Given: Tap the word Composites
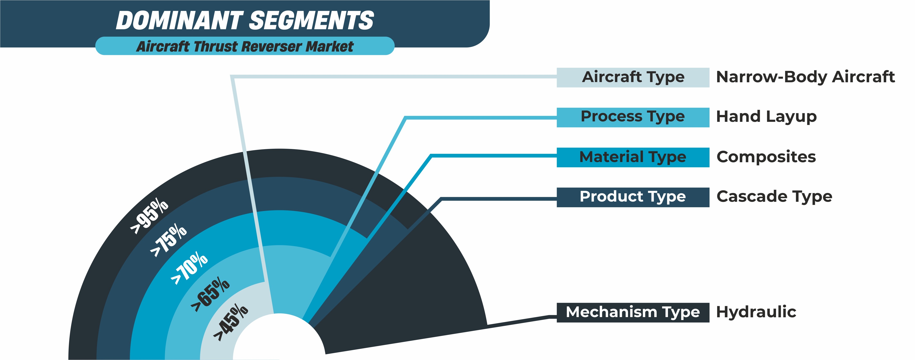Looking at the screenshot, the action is [766, 157].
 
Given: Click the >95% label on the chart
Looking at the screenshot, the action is [149, 217].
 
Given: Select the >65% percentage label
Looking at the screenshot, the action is [210, 294].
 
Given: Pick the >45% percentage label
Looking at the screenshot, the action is [230, 322].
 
